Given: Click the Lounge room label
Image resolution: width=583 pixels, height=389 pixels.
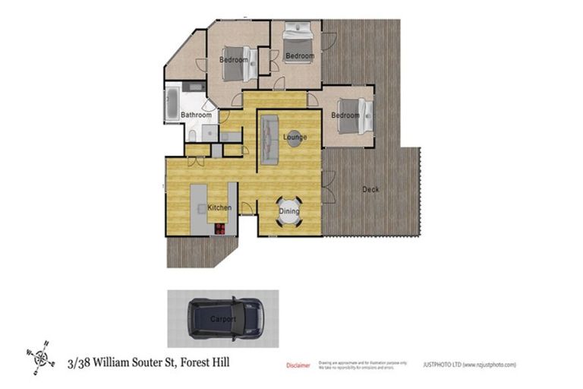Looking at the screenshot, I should click(295, 138).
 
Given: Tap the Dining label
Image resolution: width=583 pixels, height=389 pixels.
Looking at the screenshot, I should click(289, 211).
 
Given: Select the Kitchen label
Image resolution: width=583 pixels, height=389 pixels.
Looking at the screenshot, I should click(219, 207).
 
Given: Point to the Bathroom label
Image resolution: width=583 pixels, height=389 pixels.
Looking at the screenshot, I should click(195, 115).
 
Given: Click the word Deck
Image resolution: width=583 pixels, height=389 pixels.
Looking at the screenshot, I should click(370, 189).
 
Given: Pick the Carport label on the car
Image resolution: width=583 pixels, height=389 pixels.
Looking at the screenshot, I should click(222, 319).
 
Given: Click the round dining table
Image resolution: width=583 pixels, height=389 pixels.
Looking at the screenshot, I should click(289, 215).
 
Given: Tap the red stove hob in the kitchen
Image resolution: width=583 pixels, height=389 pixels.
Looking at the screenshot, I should click(220, 227).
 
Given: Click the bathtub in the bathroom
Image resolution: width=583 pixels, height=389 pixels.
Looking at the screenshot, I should click(172, 104).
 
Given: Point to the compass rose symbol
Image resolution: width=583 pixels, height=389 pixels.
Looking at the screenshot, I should click(39, 355).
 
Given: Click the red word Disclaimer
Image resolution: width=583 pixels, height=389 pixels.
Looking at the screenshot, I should click(298, 365).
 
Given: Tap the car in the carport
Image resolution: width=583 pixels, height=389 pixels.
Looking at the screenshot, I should click(225, 318).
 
